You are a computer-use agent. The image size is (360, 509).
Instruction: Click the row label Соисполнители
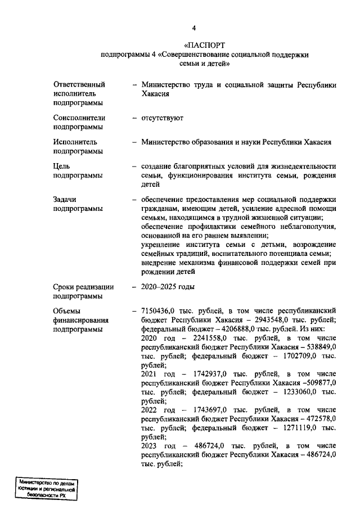79,118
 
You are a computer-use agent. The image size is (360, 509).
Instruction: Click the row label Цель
62,166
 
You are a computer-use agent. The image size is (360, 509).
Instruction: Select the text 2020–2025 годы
168,287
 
